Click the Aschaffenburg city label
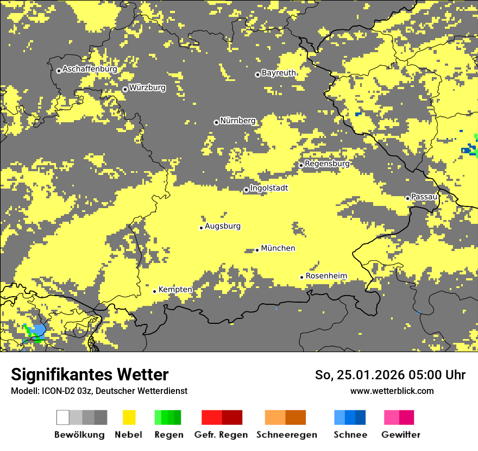pos(90,69)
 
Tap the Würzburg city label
pos(147,87)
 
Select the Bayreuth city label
pos(279,73)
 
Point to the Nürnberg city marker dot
pos(216,122)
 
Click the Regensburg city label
pos(327,164)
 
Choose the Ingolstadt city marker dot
pos(246,190)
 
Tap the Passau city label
pos(424,197)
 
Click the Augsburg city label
pos(223,226)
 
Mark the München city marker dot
pos(257,250)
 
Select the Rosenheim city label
pos(326,276)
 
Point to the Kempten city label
pos(175,290)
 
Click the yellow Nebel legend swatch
pos(129,417)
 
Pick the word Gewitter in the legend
pos(401,435)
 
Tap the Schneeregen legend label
pos(286,435)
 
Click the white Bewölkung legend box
pos(63,417)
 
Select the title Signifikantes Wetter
pos(90,375)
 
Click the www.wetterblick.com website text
pos(392,391)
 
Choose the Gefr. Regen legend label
pos(221,435)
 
